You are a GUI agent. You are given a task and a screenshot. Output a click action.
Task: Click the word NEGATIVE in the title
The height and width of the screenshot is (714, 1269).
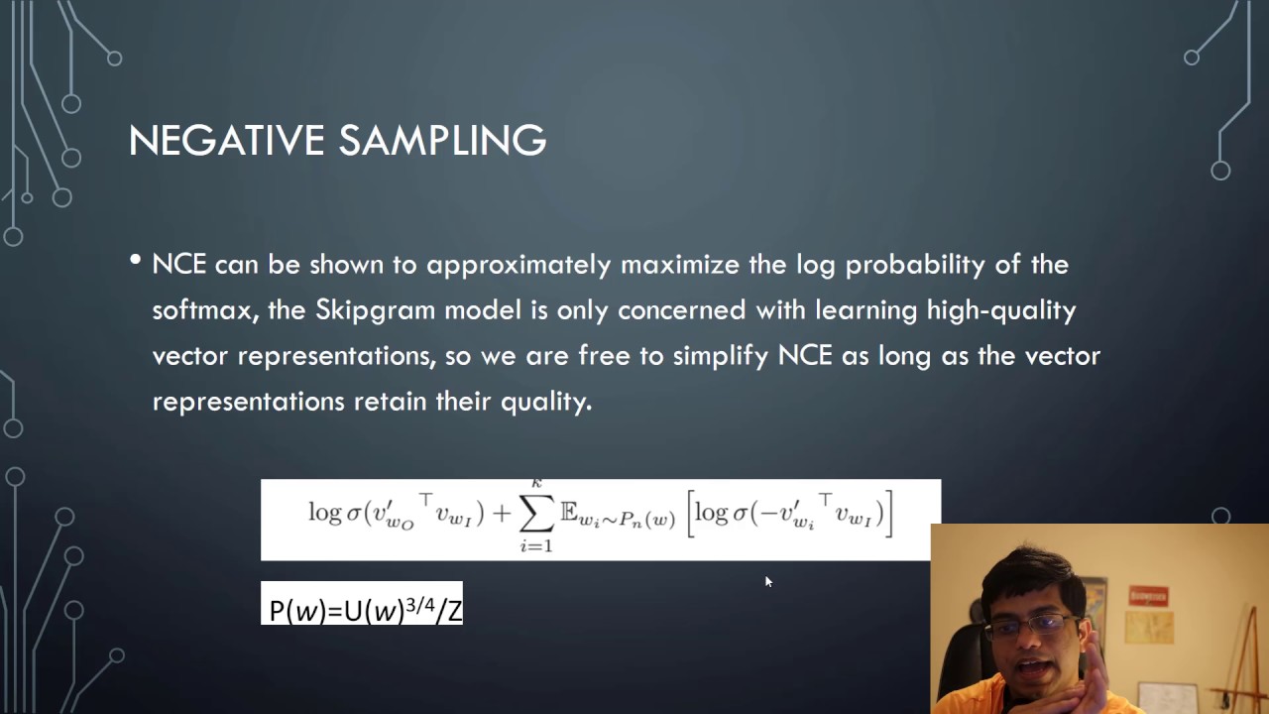point(227,140)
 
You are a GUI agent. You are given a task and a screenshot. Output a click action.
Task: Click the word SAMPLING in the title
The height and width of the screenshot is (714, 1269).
point(442,140)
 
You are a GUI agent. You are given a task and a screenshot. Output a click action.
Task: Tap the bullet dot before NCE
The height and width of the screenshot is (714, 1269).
point(136,260)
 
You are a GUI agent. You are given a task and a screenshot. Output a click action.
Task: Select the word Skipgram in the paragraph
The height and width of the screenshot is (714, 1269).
point(375,310)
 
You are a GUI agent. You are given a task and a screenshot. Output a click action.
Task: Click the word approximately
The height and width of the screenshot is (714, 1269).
point(519,265)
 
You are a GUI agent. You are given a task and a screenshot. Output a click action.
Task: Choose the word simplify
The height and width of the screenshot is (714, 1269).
point(720,356)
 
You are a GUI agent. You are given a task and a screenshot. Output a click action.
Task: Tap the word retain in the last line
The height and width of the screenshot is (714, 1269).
point(391,402)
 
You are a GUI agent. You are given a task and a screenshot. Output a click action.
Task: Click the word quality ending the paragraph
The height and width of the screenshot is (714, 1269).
point(546,403)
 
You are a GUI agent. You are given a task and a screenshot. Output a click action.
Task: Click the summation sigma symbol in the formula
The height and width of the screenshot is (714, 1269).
point(536,515)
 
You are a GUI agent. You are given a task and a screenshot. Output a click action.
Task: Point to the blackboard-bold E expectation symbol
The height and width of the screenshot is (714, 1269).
point(569,512)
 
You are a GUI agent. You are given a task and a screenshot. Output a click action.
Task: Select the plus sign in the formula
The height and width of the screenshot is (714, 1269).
point(502,514)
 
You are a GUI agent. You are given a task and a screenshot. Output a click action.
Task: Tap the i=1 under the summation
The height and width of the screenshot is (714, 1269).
point(536,546)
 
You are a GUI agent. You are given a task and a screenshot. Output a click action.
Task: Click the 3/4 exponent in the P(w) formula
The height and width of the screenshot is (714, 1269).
point(419,606)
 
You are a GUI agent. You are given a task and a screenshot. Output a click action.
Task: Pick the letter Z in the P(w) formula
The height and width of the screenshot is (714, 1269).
point(454,612)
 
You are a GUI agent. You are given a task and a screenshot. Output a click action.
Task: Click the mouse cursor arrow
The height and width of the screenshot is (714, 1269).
point(768,582)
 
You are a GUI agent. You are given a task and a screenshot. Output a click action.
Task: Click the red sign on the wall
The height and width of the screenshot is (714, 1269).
point(1148,596)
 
